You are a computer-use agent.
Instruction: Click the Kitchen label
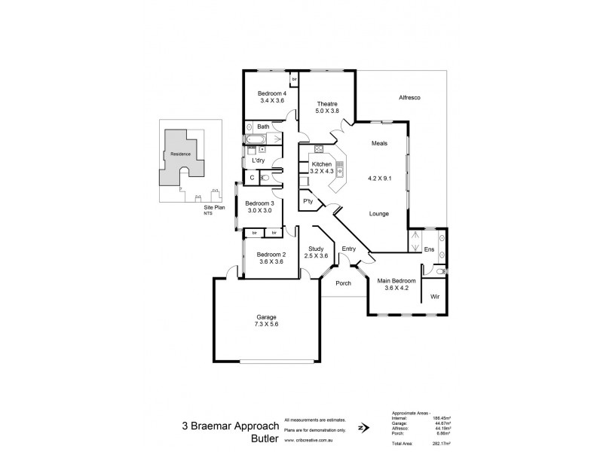point(322,163)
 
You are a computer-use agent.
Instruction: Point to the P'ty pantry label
point(308,201)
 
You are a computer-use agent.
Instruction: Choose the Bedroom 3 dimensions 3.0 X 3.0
point(259,210)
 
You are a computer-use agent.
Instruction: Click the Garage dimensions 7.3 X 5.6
point(267,324)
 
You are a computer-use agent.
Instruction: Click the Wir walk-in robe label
point(435,297)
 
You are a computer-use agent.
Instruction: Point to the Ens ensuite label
point(429,249)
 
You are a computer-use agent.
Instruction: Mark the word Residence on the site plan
point(180,154)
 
